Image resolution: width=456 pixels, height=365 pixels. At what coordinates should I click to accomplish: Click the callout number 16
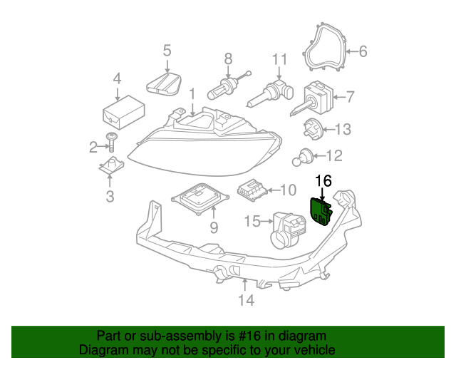(323, 181)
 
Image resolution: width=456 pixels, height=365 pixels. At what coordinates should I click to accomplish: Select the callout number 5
(167, 51)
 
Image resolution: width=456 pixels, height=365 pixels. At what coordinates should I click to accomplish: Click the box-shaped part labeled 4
(123, 110)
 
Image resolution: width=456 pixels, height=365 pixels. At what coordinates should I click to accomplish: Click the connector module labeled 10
(251, 190)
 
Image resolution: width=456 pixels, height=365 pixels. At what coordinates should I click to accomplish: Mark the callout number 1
(191, 94)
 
